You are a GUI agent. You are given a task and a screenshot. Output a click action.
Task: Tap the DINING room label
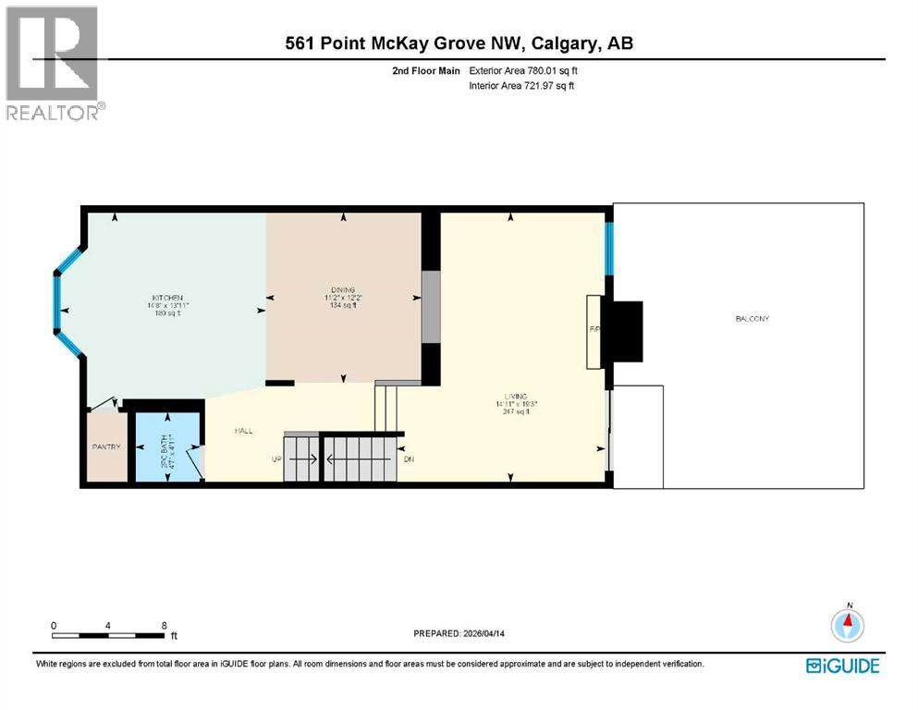click(343, 289)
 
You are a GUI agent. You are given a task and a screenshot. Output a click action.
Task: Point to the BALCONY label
click(752, 319)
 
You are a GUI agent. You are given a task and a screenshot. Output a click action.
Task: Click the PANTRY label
click(106, 447)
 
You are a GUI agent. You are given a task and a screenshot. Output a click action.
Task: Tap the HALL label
click(244, 431)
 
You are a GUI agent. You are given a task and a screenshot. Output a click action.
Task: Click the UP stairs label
click(275, 459)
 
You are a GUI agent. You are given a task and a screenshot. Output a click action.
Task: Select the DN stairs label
click(409, 459)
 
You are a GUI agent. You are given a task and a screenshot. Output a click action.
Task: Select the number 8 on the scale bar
click(164, 625)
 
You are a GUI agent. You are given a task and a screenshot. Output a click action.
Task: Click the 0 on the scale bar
click(54, 625)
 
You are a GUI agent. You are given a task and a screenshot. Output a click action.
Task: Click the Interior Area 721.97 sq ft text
click(524, 86)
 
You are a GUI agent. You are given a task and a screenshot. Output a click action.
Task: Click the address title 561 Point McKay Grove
click(459, 43)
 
